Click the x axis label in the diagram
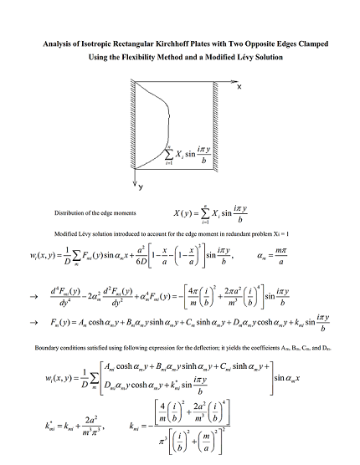(x=239, y=86)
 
